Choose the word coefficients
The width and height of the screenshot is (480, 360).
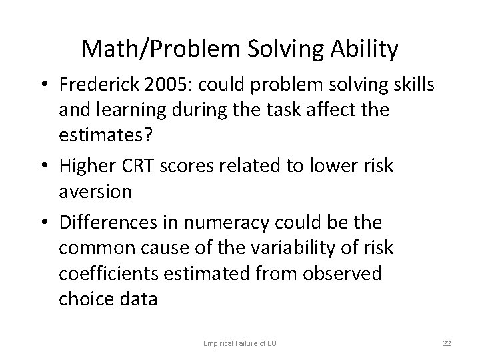coord(108,273)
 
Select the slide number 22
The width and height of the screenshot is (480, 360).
coord(445,343)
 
